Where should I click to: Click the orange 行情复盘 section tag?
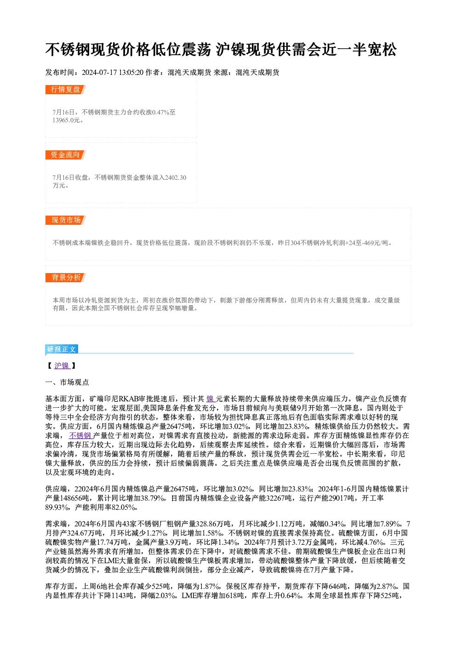(65, 90)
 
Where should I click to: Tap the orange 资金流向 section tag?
(65, 155)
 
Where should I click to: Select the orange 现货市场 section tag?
(65, 220)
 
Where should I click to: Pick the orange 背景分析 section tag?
(65, 278)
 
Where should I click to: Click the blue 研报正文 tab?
(62, 349)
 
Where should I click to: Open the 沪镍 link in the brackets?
(62, 365)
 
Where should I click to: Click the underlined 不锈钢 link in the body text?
(80, 436)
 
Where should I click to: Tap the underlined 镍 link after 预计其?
(211, 399)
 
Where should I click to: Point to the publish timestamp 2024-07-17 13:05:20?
(113, 73)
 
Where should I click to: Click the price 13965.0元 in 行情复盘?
(66, 120)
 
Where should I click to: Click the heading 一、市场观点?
(67, 382)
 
